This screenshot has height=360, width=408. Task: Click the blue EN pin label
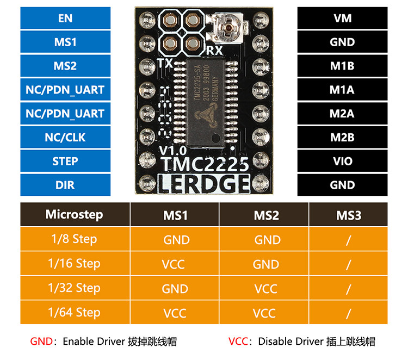(65, 18)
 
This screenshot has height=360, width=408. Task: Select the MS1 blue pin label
(65, 42)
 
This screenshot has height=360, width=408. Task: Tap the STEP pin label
(65, 162)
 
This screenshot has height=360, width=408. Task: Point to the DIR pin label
(65, 185)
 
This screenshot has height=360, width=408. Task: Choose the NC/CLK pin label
(65, 138)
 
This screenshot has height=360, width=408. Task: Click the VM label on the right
(342, 18)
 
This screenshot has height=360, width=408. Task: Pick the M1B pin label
(342, 66)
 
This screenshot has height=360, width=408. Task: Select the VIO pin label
(342, 162)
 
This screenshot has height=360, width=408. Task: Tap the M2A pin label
(342, 114)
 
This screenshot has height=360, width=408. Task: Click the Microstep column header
(74, 214)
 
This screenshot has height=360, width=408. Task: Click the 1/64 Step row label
(74, 312)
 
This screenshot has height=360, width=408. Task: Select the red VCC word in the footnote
(238, 342)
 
